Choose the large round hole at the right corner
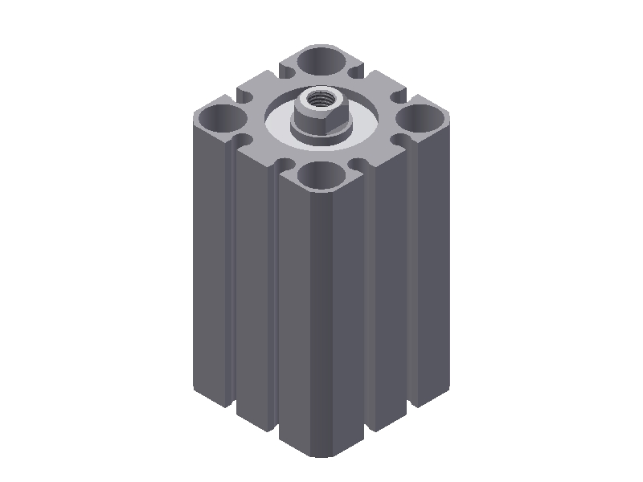point(421,119)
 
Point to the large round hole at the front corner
point(321,175)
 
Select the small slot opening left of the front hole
point(285,164)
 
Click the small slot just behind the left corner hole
point(247,99)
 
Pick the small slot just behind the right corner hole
point(396,99)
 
